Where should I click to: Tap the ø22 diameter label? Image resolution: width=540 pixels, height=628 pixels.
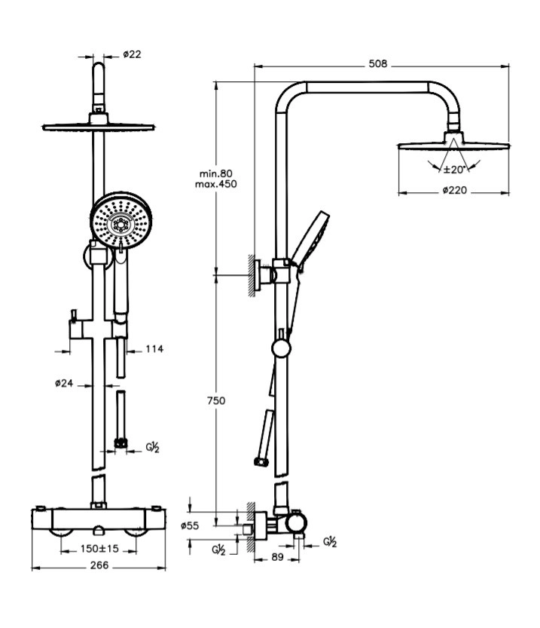[x=133, y=54]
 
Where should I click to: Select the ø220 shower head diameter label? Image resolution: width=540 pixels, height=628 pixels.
[x=454, y=191]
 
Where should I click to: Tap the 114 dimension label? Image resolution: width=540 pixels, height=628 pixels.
[x=154, y=348]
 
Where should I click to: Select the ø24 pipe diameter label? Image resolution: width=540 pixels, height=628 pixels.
[x=64, y=383]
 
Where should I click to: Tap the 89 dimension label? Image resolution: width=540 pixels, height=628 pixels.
[x=277, y=558]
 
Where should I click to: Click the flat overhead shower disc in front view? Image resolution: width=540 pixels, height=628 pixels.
[x=99, y=126]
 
